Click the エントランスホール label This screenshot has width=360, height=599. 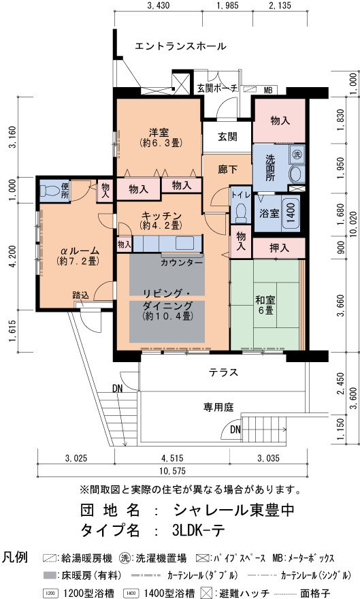[x=180, y=46]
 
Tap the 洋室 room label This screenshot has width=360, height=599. [x=159, y=133]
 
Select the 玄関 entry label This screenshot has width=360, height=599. [x=227, y=136]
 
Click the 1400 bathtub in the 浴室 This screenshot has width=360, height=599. [x=291, y=212]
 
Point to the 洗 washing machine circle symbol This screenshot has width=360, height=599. [x=297, y=155]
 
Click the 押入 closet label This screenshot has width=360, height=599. [x=279, y=248]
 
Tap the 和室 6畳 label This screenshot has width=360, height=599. [x=265, y=305]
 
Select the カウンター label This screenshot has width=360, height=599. [x=181, y=263]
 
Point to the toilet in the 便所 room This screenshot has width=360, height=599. [x=50, y=190]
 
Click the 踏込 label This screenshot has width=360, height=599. [x=80, y=295]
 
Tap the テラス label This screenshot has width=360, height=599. [x=223, y=372]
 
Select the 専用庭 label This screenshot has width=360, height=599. [x=218, y=407]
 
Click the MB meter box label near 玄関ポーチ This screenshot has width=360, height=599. [x=268, y=90]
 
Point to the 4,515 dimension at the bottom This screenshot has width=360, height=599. [x=172, y=458]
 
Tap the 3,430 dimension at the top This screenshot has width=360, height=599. [x=158, y=5]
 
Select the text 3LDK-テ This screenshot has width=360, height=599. [x=198, y=530]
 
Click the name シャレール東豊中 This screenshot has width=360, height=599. [x=234, y=510]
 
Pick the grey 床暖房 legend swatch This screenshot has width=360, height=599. [x=50, y=575]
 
